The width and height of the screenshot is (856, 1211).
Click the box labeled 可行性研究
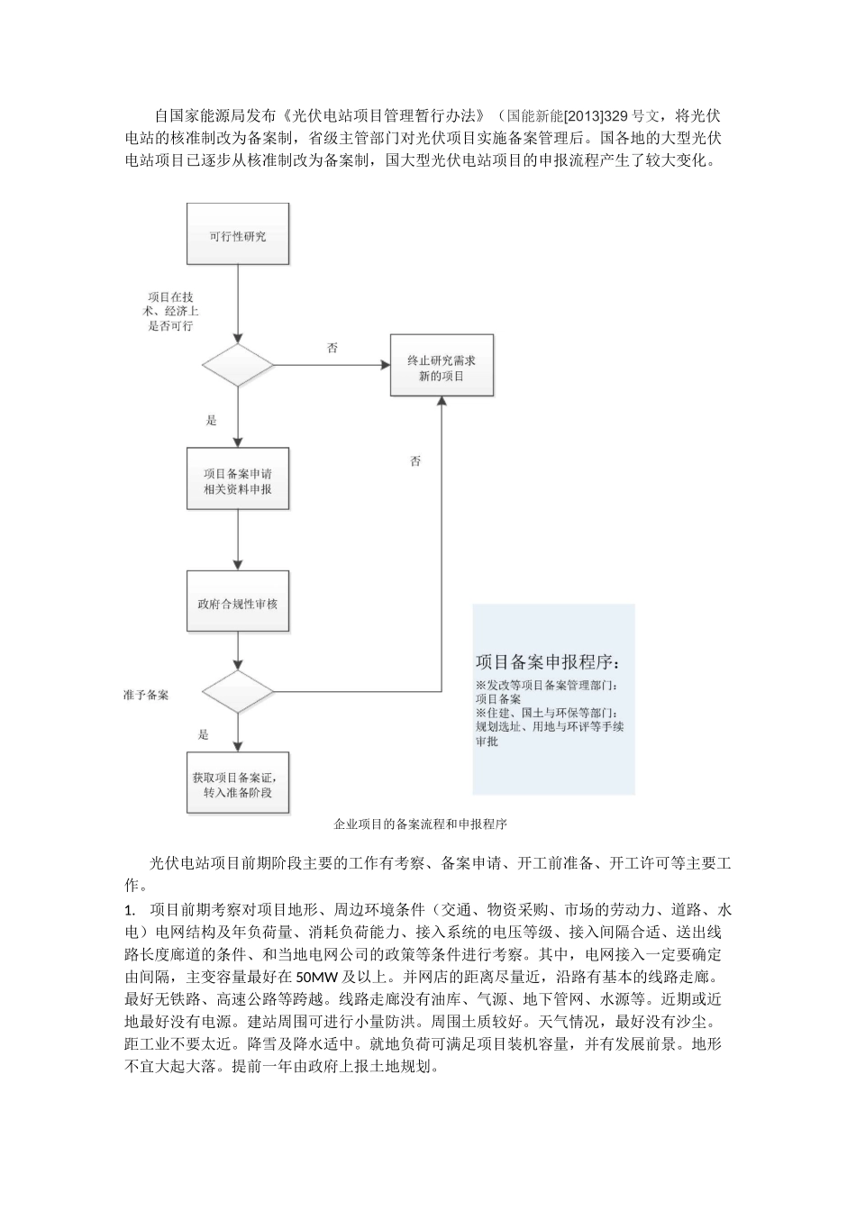point(238,236)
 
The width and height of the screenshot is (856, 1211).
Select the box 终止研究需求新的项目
point(442,367)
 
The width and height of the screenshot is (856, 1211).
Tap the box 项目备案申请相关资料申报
point(238,481)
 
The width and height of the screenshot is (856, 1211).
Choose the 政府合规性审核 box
point(238,602)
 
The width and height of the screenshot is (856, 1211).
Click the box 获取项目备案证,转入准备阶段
point(238,784)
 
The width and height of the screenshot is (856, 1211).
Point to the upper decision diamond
point(238,365)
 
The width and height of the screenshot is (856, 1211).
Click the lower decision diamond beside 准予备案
point(238,692)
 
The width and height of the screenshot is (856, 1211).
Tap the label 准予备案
point(147,696)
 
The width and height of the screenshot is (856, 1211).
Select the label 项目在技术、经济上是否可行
point(170,311)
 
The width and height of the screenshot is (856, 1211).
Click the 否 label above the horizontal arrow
point(332,348)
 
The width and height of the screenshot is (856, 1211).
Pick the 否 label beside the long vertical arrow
point(415,461)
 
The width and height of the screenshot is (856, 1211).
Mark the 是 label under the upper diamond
point(213,420)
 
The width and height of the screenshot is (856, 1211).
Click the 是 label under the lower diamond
point(204,734)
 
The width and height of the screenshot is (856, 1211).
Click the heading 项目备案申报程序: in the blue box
point(548,662)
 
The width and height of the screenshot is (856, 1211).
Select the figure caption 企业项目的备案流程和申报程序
point(421,824)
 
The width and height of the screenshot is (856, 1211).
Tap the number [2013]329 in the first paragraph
point(596,116)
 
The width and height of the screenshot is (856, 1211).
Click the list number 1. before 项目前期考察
point(131,907)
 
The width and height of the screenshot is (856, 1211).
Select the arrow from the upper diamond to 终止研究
point(331,365)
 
